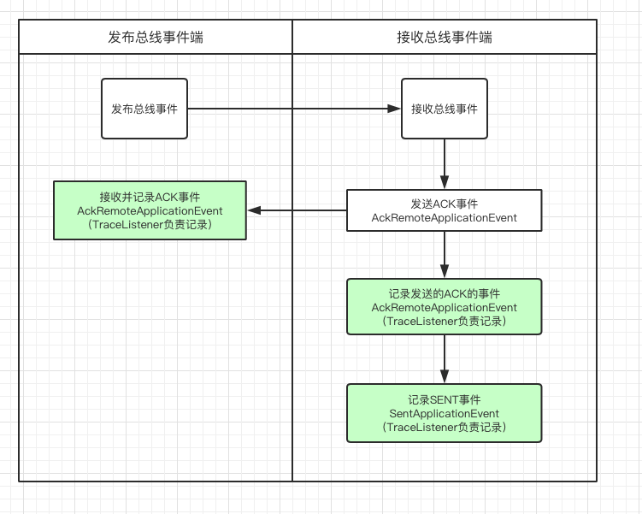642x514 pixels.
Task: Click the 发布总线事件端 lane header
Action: (x=156, y=38)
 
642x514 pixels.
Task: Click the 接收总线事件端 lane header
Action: (x=445, y=38)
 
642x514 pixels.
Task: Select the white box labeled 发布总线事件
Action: (x=144, y=109)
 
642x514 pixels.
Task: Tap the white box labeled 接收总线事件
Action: (x=445, y=109)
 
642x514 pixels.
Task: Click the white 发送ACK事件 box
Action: (x=445, y=210)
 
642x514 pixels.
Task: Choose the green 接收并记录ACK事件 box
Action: (x=150, y=210)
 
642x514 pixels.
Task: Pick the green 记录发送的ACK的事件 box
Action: (x=445, y=306)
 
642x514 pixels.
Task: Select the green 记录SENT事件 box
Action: (x=445, y=413)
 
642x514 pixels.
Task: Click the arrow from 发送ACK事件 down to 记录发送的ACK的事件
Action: (x=445, y=255)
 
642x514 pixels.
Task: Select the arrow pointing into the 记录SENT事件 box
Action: (x=445, y=358)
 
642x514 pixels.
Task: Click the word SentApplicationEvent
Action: (x=445, y=413)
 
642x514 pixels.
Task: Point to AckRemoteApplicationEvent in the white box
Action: (x=445, y=218)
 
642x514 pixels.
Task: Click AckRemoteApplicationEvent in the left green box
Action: (x=150, y=210)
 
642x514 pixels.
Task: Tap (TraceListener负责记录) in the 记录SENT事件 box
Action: (x=445, y=427)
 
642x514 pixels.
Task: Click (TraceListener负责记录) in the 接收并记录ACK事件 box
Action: (x=150, y=224)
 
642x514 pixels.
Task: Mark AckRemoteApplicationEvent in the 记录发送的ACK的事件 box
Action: (x=445, y=307)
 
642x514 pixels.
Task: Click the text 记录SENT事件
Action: (x=445, y=399)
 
